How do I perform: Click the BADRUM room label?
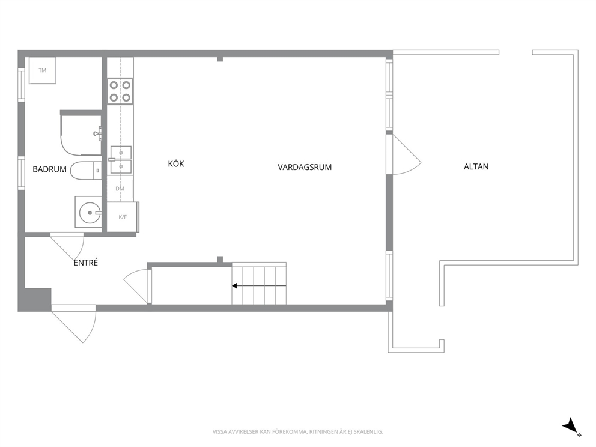[49, 169]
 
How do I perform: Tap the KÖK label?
[176, 163]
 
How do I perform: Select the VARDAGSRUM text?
[305, 167]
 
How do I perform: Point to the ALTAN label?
[476, 166]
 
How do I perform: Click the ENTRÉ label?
[85, 263]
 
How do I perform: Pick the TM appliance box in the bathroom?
[43, 70]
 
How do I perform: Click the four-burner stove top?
[120, 91]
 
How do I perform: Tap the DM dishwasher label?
[120, 189]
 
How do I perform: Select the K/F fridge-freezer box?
[123, 217]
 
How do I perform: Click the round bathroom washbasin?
[90, 213]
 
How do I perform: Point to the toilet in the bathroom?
[86, 171]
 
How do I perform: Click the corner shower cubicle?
[81, 134]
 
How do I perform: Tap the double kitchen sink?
[121, 160]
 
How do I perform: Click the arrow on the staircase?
[259, 285]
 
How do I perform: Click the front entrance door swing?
[73, 324]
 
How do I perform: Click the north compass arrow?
[571, 427]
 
